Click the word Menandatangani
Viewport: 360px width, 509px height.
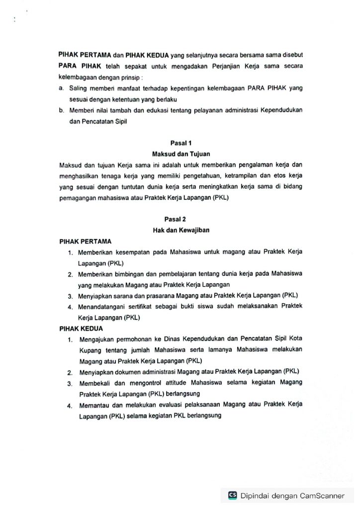102,306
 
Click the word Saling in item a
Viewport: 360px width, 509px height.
78,87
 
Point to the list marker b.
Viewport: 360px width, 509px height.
61,109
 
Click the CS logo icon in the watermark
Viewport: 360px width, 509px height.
232,495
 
